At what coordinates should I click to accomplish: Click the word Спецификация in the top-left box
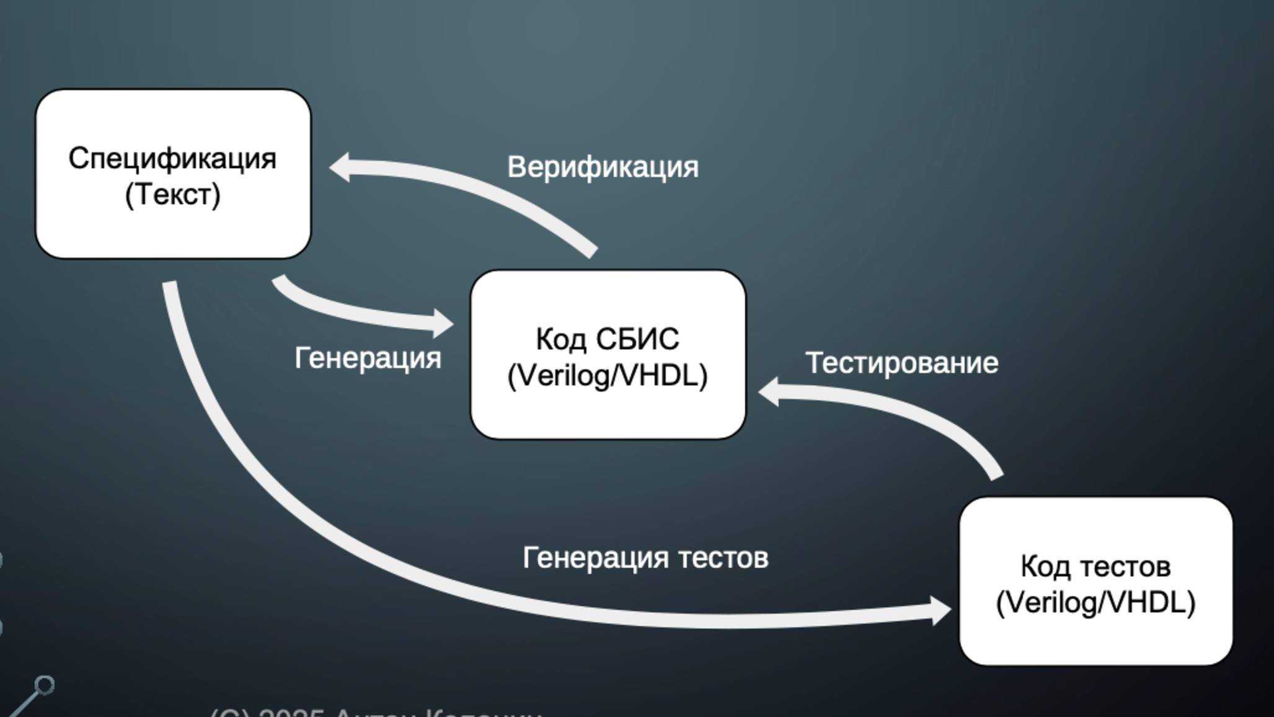point(172,159)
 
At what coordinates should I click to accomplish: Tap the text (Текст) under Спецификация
point(172,195)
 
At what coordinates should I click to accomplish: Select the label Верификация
point(603,167)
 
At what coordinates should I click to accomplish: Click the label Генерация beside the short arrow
point(368,358)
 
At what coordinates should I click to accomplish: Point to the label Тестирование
point(901,363)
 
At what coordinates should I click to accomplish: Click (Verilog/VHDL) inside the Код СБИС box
point(608,375)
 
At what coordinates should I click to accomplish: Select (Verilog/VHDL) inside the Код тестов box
point(1095,602)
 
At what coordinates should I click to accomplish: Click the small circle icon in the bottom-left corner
point(45,685)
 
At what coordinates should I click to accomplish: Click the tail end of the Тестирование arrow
point(994,473)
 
